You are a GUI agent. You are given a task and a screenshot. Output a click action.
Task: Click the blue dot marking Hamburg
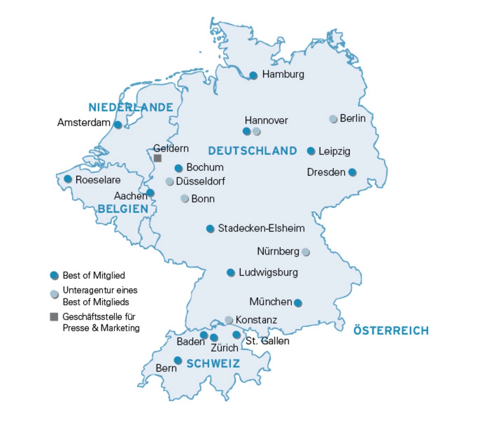tap(253, 75)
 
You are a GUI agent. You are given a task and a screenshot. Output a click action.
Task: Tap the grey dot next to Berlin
tap(333, 119)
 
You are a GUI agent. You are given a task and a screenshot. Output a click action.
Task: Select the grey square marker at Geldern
tap(157, 158)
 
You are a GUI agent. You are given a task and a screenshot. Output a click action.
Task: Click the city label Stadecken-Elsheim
tap(261, 228)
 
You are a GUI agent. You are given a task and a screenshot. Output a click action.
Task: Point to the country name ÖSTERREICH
tap(391, 331)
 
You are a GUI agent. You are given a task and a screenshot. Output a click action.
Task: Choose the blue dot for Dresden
tap(352, 172)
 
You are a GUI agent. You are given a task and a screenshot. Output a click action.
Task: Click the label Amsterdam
tap(84, 123)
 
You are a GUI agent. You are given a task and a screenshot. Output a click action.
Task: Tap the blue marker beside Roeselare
tap(68, 179)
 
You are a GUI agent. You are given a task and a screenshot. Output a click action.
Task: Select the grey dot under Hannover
tap(257, 132)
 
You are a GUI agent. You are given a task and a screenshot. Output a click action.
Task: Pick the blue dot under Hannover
tap(247, 131)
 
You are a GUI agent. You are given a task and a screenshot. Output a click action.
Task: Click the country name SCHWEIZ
tap(213, 364)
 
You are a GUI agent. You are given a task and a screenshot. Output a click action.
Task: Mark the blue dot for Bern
tap(178, 360)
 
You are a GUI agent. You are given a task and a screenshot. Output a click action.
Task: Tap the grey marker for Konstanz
tap(229, 320)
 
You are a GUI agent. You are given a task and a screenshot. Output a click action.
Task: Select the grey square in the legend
tap(54, 317)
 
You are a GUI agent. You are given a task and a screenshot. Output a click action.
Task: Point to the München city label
tap(271, 302)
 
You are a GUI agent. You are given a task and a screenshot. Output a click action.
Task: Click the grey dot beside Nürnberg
tap(305, 252)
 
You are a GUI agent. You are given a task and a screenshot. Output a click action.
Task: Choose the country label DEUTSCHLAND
tap(252, 151)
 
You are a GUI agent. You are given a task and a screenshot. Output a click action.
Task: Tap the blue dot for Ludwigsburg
tap(231, 272)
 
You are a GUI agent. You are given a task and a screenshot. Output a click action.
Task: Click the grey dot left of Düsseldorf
tap(169, 181)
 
